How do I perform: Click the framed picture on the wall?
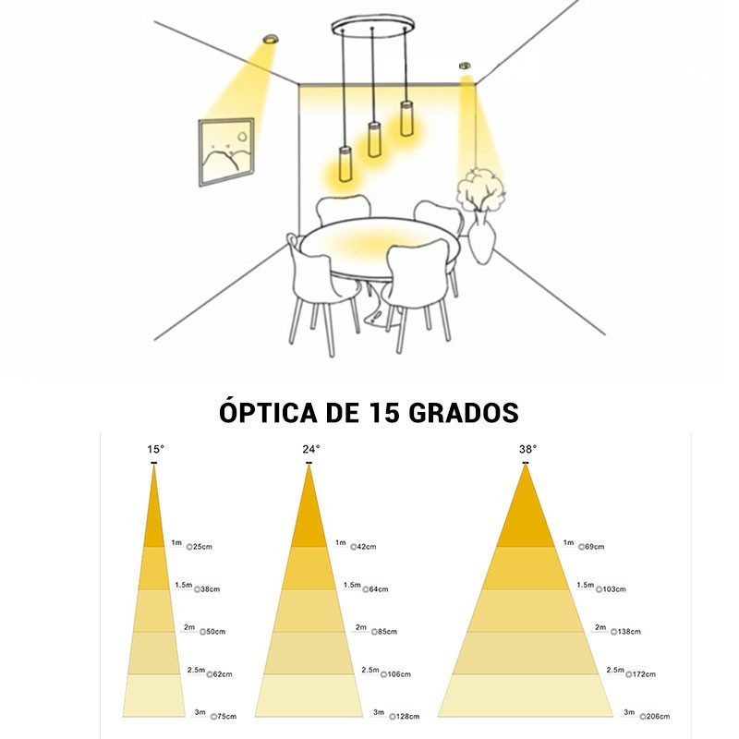tap(225, 151)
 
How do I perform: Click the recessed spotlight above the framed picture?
tap(271, 40)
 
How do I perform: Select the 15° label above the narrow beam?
tap(155, 450)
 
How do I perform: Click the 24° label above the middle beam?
tap(310, 449)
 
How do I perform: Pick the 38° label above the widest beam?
tap(527, 449)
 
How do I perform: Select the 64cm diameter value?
tap(377, 589)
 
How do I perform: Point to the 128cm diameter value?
tap(407, 716)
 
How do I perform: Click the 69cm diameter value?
tap(594, 547)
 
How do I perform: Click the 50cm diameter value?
tap(214, 632)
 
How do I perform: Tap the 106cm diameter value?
tap(400, 674)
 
